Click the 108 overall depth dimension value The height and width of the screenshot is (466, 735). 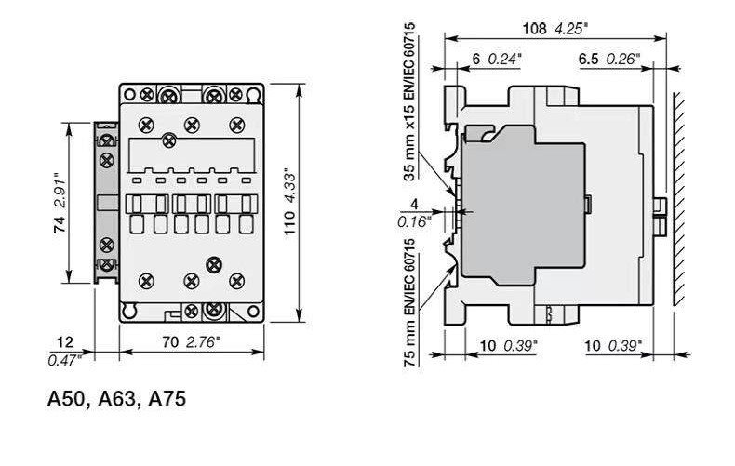tap(534, 29)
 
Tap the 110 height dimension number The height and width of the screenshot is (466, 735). tap(290, 222)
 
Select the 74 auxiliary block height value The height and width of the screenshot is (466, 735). tap(60, 225)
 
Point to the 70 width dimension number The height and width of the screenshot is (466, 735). tap(170, 342)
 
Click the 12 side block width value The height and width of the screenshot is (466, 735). tap(65, 342)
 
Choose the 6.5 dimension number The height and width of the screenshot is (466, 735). tap(588, 60)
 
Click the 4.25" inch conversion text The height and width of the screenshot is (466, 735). tap(570, 29)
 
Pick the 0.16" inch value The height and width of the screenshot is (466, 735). tap(414, 221)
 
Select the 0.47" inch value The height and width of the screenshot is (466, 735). tap(65, 360)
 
